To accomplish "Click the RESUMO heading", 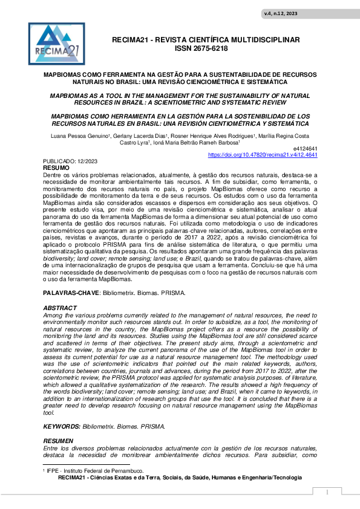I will click(56, 167).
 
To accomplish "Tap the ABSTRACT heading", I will click(60, 308).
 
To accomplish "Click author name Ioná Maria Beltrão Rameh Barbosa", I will click(195, 143).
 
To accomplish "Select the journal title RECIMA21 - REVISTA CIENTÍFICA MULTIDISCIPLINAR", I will click(206, 40).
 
